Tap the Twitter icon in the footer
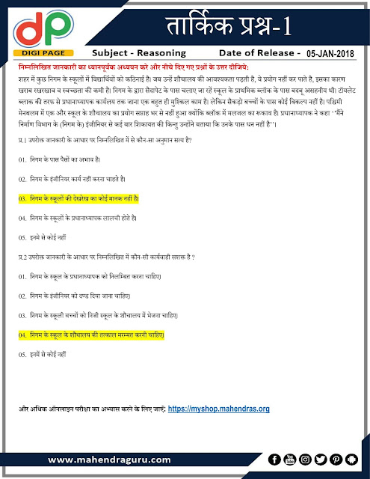pos(321,459)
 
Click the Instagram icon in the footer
pos(305,459)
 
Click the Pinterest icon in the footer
pos(336,459)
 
